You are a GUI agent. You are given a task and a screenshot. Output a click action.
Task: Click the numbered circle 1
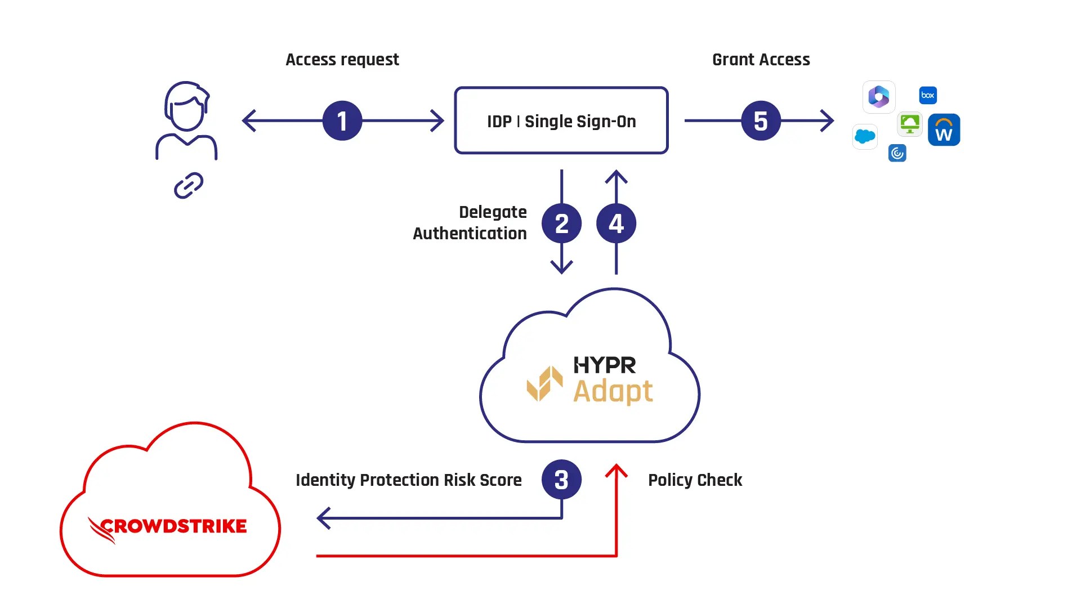pos(342,120)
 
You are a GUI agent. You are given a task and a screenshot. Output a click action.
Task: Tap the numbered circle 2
pos(561,223)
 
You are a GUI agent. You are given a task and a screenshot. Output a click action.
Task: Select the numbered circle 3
pos(561,480)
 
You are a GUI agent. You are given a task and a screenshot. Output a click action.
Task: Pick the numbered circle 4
pos(616,223)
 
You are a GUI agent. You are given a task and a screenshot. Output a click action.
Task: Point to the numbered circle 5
pos(761,120)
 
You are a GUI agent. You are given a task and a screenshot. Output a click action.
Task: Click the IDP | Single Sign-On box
pos(561,120)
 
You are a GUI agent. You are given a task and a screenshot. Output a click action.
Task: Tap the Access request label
pos(342,60)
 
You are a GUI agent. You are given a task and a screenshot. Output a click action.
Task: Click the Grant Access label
pos(761,60)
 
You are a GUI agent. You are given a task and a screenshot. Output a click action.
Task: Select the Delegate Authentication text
pos(470,223)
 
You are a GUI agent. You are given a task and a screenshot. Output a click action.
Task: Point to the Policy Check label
pos(695,480)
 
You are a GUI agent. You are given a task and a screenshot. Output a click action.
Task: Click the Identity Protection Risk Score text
pos(408,480)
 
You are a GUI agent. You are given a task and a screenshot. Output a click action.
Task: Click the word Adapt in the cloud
pos(613,392)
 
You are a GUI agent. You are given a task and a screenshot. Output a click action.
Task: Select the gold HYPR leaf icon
pos(544,384)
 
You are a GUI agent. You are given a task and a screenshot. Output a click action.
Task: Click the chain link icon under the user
pos(188,186)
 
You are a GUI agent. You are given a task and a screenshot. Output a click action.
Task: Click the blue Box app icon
pos(927,95)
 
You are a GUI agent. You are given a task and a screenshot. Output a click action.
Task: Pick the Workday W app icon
pos(944,130)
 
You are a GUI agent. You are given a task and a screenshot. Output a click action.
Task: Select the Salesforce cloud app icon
pos(865,136)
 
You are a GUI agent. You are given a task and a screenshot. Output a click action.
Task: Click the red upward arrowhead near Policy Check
pos(617,470)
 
